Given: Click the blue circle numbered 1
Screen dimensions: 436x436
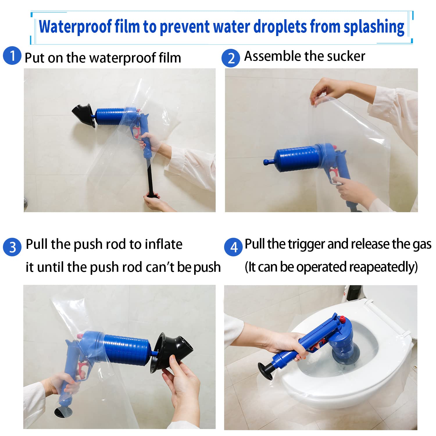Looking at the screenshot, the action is [12, 55].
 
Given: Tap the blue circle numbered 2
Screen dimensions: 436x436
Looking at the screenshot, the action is [230, 58].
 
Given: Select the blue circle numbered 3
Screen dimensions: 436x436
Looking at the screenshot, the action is [12, 247].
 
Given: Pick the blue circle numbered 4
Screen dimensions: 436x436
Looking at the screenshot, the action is [233, 247].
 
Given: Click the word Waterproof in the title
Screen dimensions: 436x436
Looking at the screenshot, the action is [75, 27].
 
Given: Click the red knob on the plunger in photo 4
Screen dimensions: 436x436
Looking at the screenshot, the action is [342, 319].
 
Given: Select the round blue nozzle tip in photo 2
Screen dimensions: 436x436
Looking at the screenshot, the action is [267, 162].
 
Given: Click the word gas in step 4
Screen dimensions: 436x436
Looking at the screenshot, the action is [422, 245].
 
